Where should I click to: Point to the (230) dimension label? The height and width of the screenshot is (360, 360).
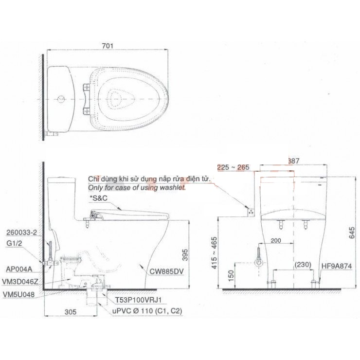[x=303, y=265]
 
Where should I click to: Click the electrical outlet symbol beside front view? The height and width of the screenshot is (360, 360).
[x=251, y=211]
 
